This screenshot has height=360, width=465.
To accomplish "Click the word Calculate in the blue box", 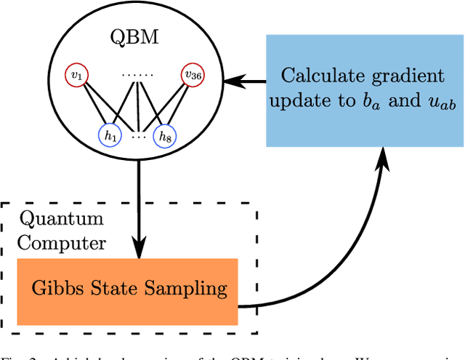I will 316,75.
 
